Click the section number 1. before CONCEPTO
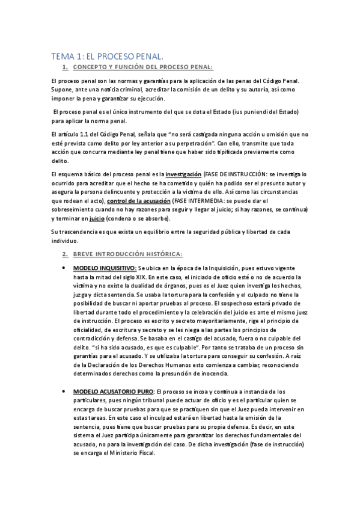[x=65, y=68]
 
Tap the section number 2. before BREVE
[x=65, y=255]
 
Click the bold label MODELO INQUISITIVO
[x=105, y=268]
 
